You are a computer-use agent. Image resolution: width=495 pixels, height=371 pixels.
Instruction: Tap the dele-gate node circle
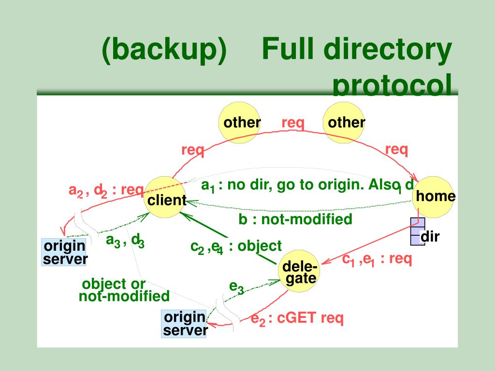[x=300, y=272]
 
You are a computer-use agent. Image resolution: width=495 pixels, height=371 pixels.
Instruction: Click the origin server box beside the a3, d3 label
[x=65, y=252]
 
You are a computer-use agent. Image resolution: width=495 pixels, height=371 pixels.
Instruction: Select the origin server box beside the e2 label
[x=185, y=324]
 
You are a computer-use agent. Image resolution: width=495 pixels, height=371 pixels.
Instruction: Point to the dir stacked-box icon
[x=417, y=231]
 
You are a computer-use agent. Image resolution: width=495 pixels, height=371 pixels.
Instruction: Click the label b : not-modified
[x=295, y=219]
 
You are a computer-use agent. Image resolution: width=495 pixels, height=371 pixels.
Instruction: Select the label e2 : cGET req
[x=297, y=319]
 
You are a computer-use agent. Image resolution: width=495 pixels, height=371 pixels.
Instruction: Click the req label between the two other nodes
[x=293, y=123]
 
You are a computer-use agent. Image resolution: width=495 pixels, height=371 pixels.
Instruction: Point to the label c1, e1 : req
[x=377, y=259]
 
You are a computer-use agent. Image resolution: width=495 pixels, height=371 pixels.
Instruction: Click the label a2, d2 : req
[x=106, y=191]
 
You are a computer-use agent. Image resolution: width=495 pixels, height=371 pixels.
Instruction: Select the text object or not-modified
[x=124, y=289]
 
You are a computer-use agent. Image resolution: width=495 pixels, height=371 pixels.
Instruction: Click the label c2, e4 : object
[x=236, y=246]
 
